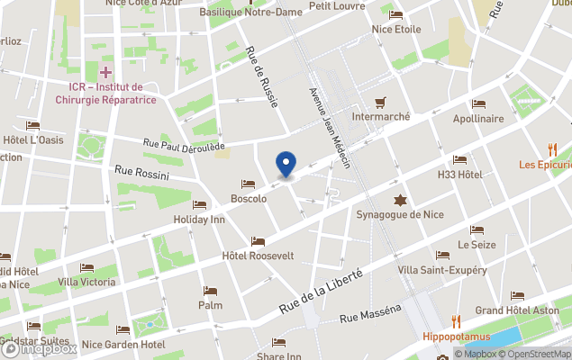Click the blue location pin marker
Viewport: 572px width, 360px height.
[286, 164]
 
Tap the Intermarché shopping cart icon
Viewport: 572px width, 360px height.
[381, 102]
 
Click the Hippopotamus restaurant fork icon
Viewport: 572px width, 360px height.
[456, 321]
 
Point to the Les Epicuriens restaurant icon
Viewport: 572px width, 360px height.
[553, 149]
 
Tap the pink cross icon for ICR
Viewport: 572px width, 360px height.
[106, 71]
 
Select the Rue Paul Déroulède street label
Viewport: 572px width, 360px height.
[185, 144]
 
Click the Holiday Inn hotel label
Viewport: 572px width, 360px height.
[199, 219]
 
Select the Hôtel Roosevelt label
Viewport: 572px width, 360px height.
[258, 256]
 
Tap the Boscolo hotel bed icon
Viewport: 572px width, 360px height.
[248, 184]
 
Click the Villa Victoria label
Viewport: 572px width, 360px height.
[86, 282]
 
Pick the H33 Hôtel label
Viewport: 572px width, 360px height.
[460, 174]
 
